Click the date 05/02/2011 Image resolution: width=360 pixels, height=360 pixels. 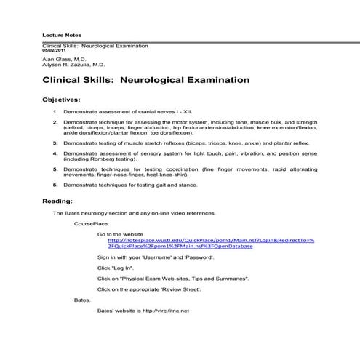[54, 51]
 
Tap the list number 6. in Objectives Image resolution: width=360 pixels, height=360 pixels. [56, 185]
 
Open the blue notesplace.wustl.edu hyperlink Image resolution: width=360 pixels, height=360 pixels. [211, 241]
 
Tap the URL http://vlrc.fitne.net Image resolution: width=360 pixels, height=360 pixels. [166, 311]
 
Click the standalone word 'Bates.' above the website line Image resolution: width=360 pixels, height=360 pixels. [82, 300]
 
